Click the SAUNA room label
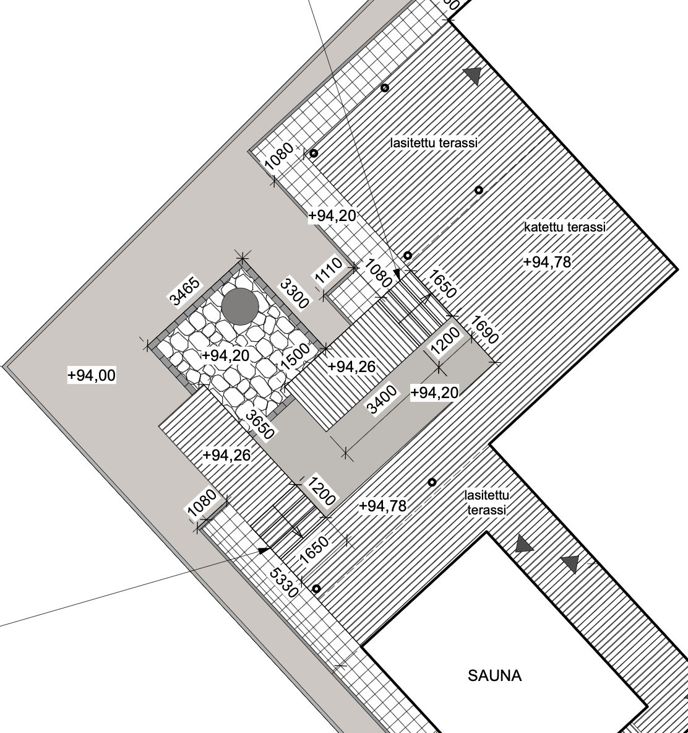pos(494,675)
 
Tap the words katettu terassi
pos(565,227)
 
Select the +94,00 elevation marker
pos(92,375)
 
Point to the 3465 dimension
pos(186,291)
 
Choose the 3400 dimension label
pos(382,400)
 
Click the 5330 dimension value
pos(283,583)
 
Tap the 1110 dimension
pos(329,272)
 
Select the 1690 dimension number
pos(484,330)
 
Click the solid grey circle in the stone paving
pos(240,306)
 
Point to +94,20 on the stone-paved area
pos(226,356)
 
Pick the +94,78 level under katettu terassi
pos(548,262)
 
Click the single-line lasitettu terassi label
pos(434,142)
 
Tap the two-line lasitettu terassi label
pos(487,503)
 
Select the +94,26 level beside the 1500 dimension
pos(351,367)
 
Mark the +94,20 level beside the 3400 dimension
pos(434,393)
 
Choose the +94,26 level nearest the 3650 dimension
pos(227,455)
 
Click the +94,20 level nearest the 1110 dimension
pos(332,215)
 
